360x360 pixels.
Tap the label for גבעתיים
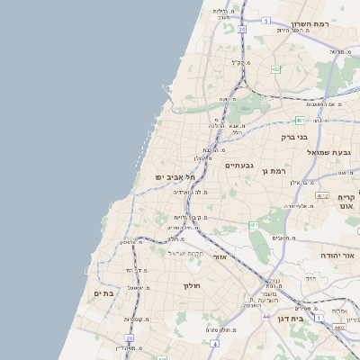coord(240,165)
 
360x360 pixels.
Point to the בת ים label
coord(103,293)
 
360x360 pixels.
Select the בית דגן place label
coord(311,319)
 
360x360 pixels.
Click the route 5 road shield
coord(265,20)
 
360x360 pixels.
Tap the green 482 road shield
coord(275,68)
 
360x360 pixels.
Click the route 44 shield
coord(266,317)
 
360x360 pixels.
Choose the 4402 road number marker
coord(339,328)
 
